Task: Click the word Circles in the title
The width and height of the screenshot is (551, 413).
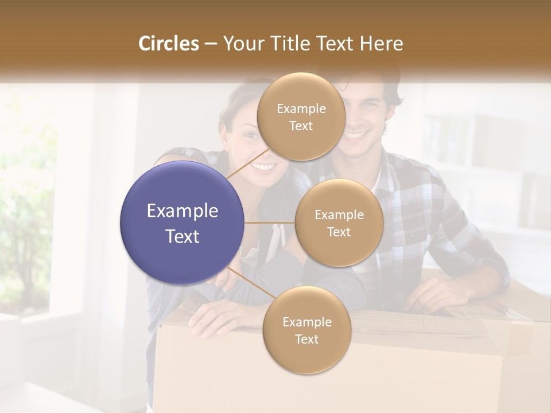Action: click(169, 44)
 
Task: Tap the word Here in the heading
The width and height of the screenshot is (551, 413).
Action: click(381, 44)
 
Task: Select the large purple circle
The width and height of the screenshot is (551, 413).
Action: click(183, 223)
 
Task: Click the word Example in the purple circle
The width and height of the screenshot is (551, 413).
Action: click(183, 211)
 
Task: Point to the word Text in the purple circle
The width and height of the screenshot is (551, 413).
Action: click(183, 236)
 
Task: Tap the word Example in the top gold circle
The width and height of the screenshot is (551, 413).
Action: click(301, 108)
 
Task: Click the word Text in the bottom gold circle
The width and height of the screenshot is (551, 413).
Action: click(306, 339)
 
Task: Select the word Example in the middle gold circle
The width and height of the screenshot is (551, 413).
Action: click(339, 215)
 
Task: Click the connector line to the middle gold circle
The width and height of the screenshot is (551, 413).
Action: click(270, 223)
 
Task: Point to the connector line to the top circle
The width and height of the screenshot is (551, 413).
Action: click(249, 166)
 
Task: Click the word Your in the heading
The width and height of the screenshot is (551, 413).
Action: click(242, 44)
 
